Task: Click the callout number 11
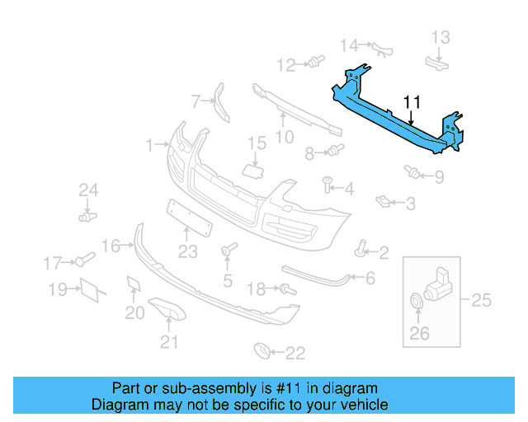point(412,102)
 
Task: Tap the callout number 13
point(441,37)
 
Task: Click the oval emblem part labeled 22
point(262,352)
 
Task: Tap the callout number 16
point(111,246)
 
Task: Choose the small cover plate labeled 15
point(251,171)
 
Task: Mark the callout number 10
point(284,137)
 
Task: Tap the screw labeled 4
point(328,182)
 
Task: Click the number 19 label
point(57,289)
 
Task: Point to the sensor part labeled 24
point(86,216)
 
